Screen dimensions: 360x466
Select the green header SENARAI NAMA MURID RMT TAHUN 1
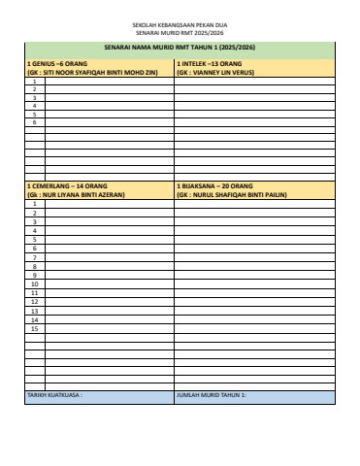point(180,47)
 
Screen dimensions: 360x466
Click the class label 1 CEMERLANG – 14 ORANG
point(62,184)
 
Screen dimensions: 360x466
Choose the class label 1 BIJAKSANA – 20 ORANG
point(214,184)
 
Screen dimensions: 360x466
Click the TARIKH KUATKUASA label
point(54,396)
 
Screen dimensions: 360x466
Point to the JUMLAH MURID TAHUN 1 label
point(212,396)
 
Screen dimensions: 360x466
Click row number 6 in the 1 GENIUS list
point(35,123)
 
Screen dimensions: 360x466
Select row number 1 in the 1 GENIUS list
point(35,81)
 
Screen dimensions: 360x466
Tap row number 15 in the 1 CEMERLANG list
point(35,328)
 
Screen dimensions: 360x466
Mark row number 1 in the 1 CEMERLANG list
point(35,204)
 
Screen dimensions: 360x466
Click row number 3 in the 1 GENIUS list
point(35,98)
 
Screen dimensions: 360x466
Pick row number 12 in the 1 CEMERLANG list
point(35,301)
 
